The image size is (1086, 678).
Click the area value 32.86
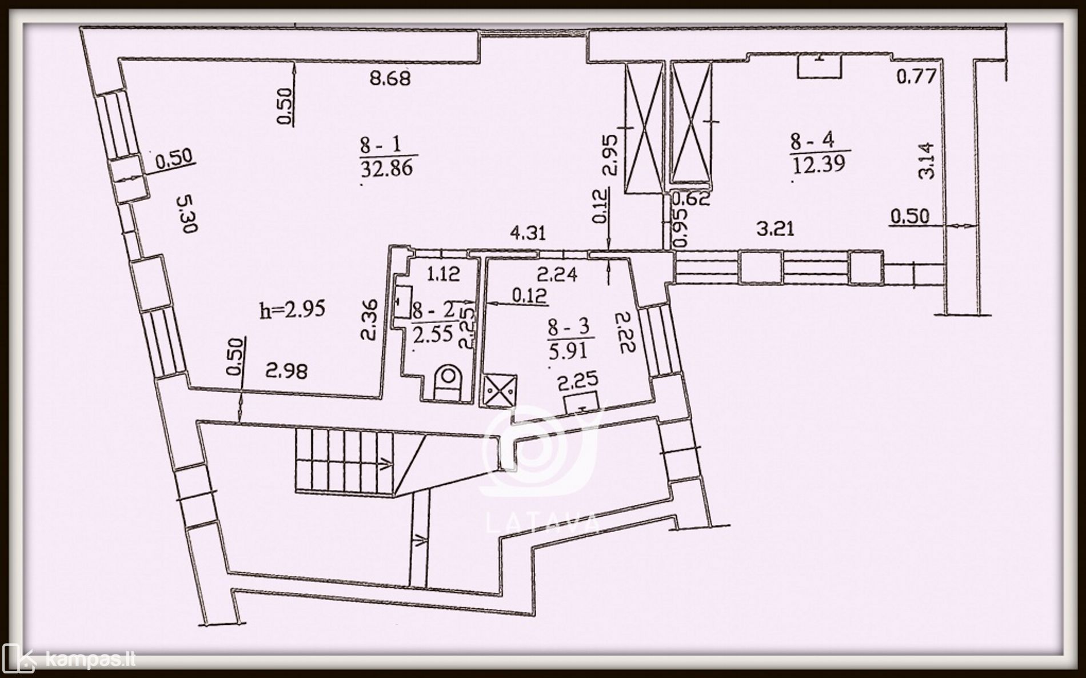coord(387,169)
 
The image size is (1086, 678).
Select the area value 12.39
coord(819,165)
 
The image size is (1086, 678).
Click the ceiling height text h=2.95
coord(292,309)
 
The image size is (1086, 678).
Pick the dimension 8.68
coord(390,78)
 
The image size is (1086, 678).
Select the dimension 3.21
coord(774,229)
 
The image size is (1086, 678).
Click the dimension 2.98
coord(286,372)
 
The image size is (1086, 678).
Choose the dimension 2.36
coord(370,321)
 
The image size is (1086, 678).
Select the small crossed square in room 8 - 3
coord(501,391)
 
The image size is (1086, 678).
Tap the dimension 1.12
coord(443,274)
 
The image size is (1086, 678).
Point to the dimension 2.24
coord(558,275)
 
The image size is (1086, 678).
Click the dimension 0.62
coord(692,199)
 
